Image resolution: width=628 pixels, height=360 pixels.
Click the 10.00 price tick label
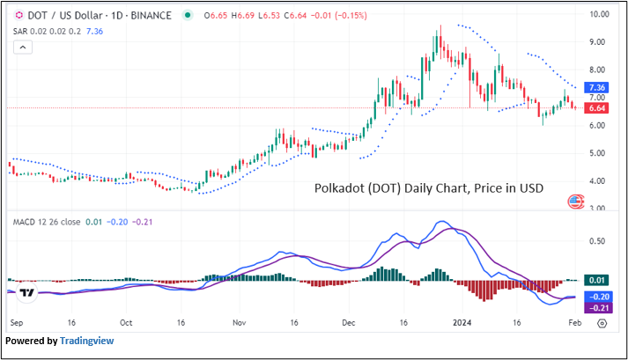(x=600, y=14)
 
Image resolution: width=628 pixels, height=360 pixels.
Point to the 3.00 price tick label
(x=600, y=209)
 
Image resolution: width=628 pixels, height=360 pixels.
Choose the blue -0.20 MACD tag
(x=600, y=298)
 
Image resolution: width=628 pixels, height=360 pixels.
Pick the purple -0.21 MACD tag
(x=600, y=308)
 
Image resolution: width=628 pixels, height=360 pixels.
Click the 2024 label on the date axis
(x=463, y=322)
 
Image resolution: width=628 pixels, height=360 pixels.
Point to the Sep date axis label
(x=17, y=322)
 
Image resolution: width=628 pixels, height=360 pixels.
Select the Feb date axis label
(x=573, y=322)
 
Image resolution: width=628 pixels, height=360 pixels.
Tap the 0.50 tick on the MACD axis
(x=598, y=240)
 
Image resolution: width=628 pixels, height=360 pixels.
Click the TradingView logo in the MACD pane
(x=26, y=292)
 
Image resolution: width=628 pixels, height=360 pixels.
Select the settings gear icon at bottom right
(x=601, y=322)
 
